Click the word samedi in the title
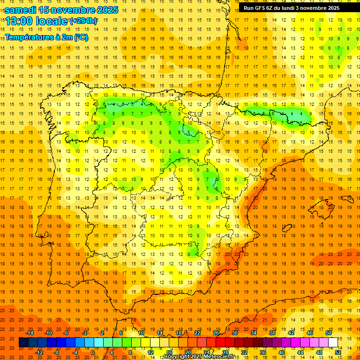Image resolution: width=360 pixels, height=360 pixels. [x=20, y=9]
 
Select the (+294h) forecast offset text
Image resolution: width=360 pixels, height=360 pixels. [x=83, y=21]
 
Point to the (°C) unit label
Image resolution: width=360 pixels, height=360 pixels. [x=80, y=37]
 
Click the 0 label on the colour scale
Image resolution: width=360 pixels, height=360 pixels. [x=93, y=352]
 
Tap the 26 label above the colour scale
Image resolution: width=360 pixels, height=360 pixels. [x=216, y=333]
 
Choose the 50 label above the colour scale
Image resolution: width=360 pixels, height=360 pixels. [x=329, y=333]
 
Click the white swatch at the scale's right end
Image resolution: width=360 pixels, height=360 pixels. [x=333, y=343]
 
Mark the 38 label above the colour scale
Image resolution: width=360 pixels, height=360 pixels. [x=272, y=333]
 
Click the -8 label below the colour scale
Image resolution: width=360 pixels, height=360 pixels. [x=57, y=352]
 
